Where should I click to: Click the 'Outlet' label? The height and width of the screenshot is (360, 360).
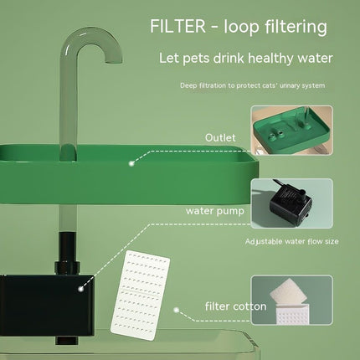pyautogui.click(x=220, y=138)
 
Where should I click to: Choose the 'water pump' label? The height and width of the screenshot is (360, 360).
pyautogui.click(x=215, y=211)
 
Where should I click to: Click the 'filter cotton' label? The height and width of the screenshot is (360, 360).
pyautogui.click(x=236, y=306)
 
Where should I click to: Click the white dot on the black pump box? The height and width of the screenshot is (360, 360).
pyautogui.click(x=80, y=288)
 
